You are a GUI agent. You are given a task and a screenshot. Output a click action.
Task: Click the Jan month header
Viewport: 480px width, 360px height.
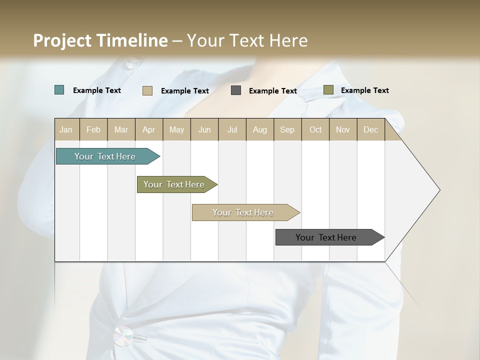point(66,129)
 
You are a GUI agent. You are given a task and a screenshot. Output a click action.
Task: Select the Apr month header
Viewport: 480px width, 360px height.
point(148,129)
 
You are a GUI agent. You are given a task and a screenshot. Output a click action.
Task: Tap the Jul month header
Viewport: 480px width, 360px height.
point(232,129)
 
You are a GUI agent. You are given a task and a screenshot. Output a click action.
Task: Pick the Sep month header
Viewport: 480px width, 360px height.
point(287,129)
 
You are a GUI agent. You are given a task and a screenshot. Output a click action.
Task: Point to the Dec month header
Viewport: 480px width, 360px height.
point(370,129)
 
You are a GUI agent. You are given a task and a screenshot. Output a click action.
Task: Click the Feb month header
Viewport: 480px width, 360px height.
point(93,129)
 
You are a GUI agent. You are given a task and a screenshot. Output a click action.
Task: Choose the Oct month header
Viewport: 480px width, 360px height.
point(315,129)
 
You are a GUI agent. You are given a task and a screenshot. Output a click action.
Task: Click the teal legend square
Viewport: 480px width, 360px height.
point(59,90)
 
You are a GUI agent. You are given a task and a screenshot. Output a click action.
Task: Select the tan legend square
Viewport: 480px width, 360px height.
point(147,90)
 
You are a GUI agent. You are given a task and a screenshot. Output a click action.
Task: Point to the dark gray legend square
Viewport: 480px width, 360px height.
point(236,90)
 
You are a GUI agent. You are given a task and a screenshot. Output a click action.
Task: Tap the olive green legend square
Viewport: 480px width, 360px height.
point(328,90)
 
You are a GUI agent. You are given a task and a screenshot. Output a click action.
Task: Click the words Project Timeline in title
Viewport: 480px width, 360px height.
point(100,40)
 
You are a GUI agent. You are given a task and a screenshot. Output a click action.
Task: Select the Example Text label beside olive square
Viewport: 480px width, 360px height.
point(365,90)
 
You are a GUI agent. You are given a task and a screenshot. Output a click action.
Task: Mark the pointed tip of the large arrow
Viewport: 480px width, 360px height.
point(439,190)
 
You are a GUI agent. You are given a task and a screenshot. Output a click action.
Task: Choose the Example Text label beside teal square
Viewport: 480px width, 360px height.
point(97,90)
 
